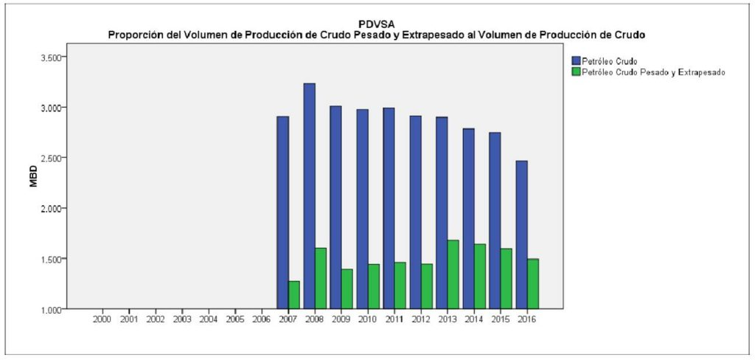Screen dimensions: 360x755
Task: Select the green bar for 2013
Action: pyautogui.click(x=453, y=274)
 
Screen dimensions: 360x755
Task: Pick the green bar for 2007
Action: pyautogui.click(x=294, y=294)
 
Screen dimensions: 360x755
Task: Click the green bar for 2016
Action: pyautogui.click(x=532, y=283)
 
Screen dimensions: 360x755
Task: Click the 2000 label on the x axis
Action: pyautogui.click(x=102, y=319)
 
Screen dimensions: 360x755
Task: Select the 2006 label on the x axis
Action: pyautogui.click(x=262, y=319)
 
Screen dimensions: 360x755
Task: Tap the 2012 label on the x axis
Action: pyautogui.click(x=421, y=319)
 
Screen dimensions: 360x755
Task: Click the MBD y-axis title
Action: pyautogui.click(x=33, y=180)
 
